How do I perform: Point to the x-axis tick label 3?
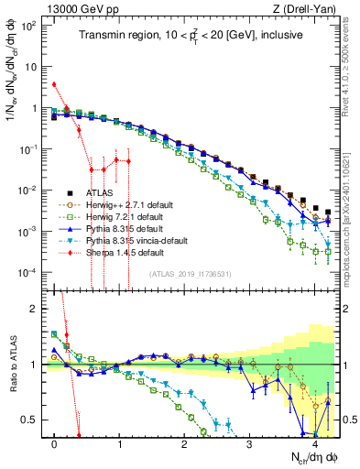click(x=250, y=443)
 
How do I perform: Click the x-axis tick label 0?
click(x=55, y=443)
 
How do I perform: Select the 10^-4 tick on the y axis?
click(x=28, y=273)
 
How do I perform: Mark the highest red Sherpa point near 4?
click(x=55, y=84)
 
